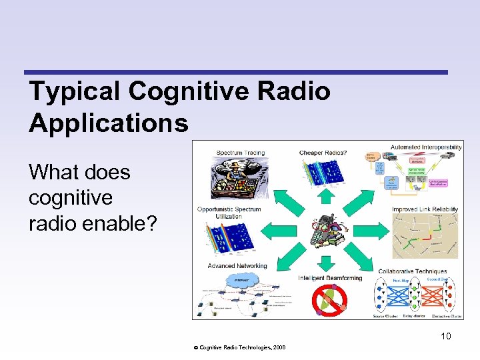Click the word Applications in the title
(109, 123)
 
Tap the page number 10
(445, 336)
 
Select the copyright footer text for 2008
(239, 348)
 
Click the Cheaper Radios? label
(323, 153)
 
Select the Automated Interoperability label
(427, 147)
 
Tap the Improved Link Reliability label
(425, 209)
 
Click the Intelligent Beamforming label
(330, 277)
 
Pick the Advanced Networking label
(237, 266)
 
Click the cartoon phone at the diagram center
(326, 230)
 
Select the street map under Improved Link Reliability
(425, 235)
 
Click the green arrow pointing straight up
(325, 195)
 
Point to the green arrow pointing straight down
(325, 262)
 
